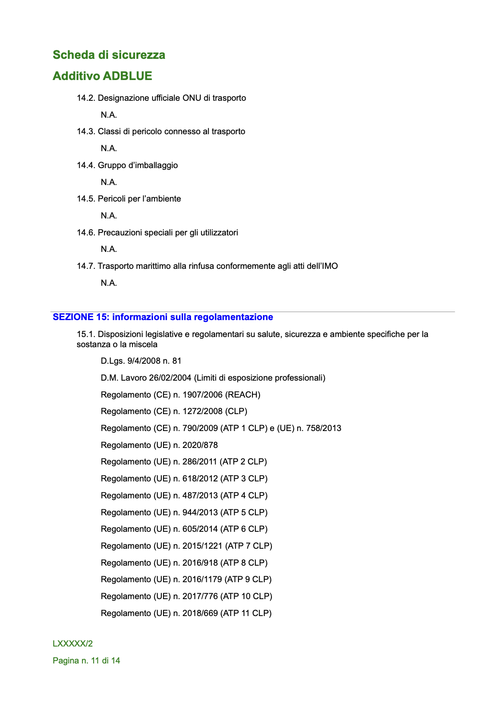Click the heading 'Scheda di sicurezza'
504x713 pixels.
point(109,55)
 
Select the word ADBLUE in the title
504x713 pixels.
point(127,76)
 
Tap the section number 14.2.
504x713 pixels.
point(86,98)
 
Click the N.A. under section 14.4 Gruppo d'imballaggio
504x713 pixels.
point(109,182)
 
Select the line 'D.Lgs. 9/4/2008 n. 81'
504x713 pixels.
point(141,361)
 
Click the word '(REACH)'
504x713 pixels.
point(243,395)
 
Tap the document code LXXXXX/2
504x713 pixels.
point(73,644)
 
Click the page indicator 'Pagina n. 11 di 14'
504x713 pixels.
point(86,660)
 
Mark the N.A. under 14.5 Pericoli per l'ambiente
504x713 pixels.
point(109,216)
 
